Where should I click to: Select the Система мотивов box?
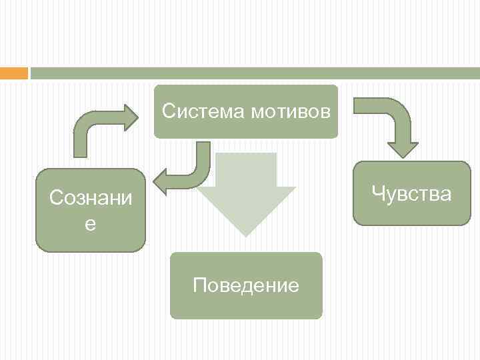tap(246, 127)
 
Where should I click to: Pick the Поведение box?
tap(246, 303)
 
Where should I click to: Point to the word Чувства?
tap(411, 194)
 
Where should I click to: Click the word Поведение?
tap(246, 286)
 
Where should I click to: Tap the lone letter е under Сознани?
tap(90, 225)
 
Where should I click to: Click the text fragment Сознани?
tap(91, 198)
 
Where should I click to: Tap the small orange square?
tap(13, 73)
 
